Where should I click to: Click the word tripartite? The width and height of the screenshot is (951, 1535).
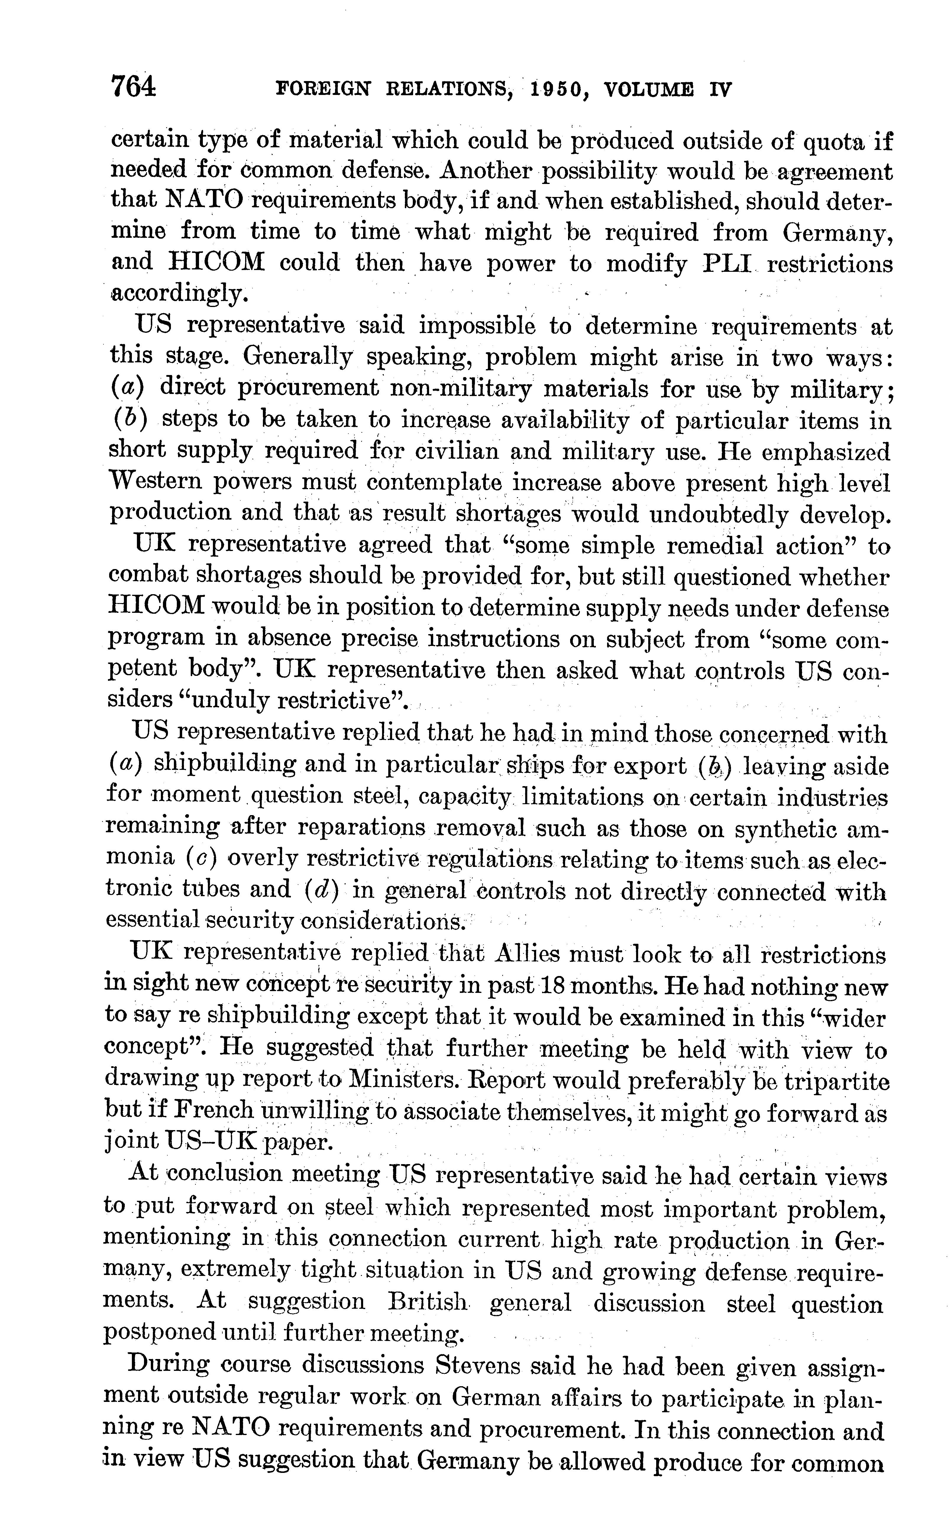tap(834, 1080)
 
